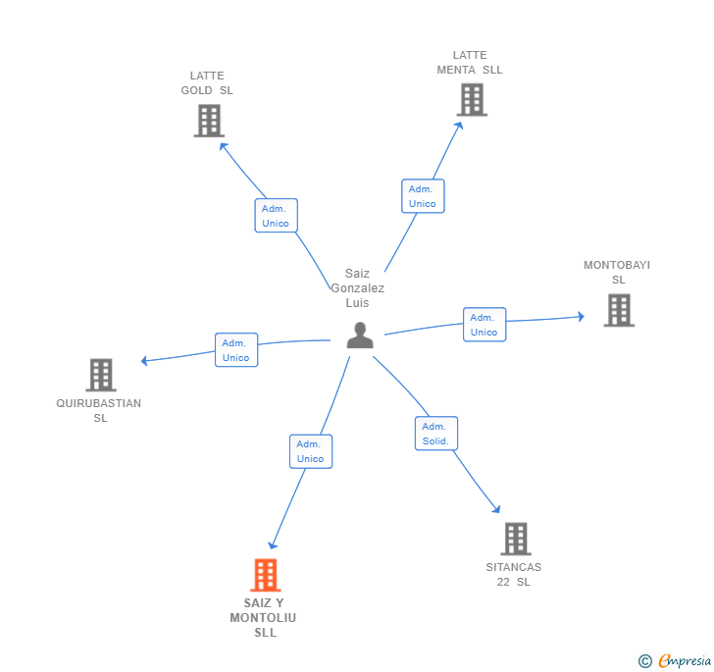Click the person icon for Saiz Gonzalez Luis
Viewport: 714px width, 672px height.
click(x=360, y=336)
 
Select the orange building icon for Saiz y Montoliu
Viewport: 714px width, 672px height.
click(x=266, y=575)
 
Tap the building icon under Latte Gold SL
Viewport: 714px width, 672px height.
click(x=210, y=121)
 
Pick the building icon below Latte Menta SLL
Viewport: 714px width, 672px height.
click(x=472, y=100)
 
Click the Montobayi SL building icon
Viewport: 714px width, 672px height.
click(x=619, y=311)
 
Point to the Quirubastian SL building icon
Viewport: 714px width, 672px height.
click(x=101, y=375)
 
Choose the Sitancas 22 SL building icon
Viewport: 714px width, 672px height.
click(x=516, y=539)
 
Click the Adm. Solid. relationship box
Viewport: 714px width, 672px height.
click(x=436, y=434)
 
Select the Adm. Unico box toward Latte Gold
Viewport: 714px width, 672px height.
click(x=276, y=216)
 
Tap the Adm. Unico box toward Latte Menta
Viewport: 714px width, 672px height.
click(x=423, y=196)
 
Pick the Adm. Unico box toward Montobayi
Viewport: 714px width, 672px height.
click(x=484, y=325)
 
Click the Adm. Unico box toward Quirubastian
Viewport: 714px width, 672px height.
click(x=236, y=350)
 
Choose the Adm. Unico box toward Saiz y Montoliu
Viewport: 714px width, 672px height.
click(x=311, y=451)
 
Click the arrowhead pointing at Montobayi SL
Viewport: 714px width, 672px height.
click(x=581, y=317)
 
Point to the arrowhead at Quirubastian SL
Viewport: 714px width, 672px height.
click(x=144, y=361)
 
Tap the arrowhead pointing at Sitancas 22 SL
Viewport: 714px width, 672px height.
click(x=497, y=509)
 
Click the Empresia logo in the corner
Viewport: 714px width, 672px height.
click(x=675, y=660)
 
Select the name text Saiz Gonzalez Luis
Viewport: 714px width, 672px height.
click(x=357, y=288)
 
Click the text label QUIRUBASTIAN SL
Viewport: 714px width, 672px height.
click(x=99, y=410)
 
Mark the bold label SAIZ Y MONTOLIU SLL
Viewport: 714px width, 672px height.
click(x=263, y=618)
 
